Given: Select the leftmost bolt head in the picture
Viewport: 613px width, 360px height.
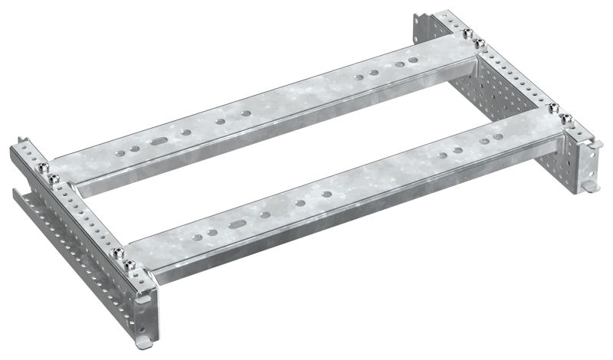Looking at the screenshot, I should pos(42,164).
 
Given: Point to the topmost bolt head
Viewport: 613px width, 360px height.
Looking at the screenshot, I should pos(467,32).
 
